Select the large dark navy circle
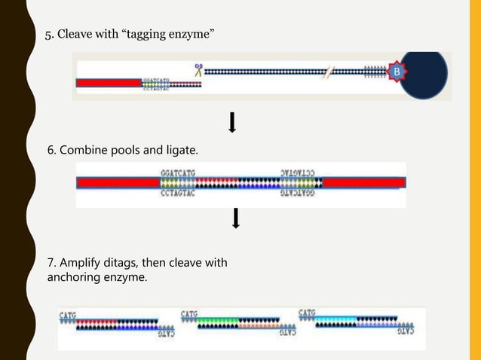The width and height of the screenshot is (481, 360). tap(424, 75)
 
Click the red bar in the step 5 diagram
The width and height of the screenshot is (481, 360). tap(109, 82)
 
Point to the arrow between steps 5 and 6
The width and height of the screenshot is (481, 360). tap(232, 122)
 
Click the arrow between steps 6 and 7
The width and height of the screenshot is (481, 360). tap(236, 218)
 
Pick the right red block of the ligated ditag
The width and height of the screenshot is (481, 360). tap(363, 183)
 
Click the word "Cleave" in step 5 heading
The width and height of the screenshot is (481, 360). tap(77, 35)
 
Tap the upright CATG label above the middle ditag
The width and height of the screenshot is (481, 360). tap(188, 313)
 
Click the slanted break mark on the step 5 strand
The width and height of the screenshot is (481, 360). tap(328, 73)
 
